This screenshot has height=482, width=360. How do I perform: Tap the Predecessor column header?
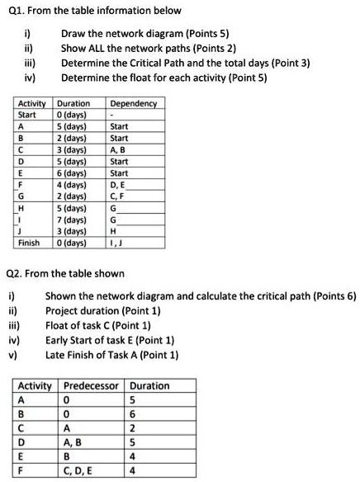(92, 385)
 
